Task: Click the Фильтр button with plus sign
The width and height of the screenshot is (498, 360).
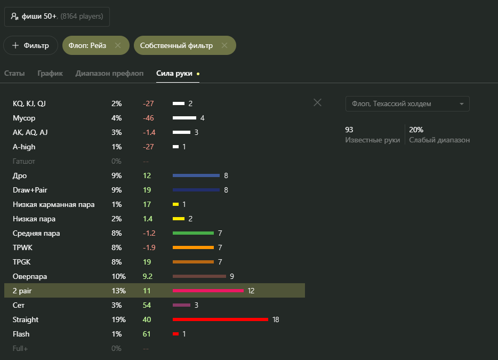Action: point(30,45)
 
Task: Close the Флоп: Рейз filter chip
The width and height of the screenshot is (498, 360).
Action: point(118,46)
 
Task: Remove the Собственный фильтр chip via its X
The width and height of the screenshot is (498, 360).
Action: point(224,46)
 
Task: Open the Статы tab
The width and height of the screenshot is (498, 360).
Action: point(14,73)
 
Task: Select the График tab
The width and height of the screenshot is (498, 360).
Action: point(50,73)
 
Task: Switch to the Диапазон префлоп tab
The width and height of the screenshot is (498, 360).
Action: point(109,73)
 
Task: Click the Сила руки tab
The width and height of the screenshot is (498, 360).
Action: point(175,73)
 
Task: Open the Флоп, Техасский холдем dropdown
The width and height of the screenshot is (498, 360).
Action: point(407,103)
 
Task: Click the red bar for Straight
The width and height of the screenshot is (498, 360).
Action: point(220,319)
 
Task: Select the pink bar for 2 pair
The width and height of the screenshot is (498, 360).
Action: point(208,291)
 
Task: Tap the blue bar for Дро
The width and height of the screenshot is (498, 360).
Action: point(196,175)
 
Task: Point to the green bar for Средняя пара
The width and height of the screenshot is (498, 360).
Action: point(193,233)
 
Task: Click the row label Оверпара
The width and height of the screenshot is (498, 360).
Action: point(30,276)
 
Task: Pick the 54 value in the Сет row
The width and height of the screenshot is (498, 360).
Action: point(147,305)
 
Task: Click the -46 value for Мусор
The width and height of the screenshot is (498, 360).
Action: point(148,118)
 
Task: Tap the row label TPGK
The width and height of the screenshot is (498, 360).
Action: point(22,262)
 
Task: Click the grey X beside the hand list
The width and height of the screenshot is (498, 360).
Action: point(317,102)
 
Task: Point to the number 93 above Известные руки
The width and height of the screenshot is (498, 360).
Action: point(349,130)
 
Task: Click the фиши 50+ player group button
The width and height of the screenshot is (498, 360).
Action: point(57,17)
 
